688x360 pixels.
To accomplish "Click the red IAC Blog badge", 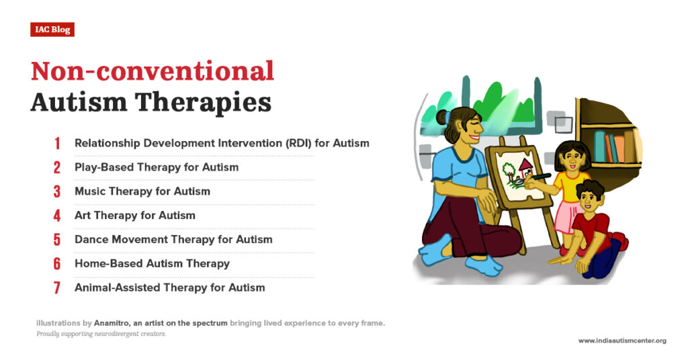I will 52,30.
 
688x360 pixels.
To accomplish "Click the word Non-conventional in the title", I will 153,71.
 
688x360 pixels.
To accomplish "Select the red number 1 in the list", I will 57,143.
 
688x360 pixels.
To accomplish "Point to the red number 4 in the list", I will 57,216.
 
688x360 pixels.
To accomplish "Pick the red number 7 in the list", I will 57,288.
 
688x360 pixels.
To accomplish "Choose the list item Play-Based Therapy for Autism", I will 157,167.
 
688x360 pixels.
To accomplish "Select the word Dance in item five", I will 91,240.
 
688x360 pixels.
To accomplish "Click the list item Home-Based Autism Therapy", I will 152,264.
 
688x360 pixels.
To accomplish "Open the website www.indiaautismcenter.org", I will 622,341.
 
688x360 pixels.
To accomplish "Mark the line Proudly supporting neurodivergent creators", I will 101,334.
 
